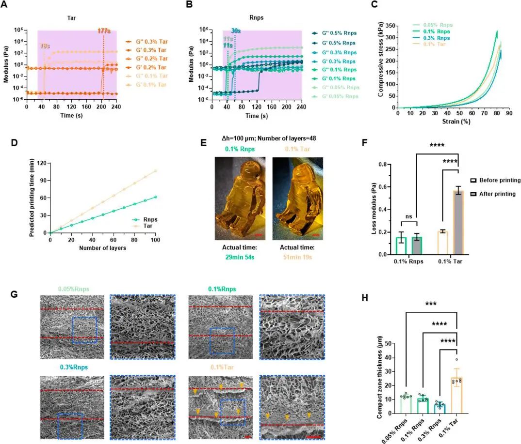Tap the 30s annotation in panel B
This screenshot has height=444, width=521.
236,31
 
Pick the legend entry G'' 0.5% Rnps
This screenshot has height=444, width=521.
334,33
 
